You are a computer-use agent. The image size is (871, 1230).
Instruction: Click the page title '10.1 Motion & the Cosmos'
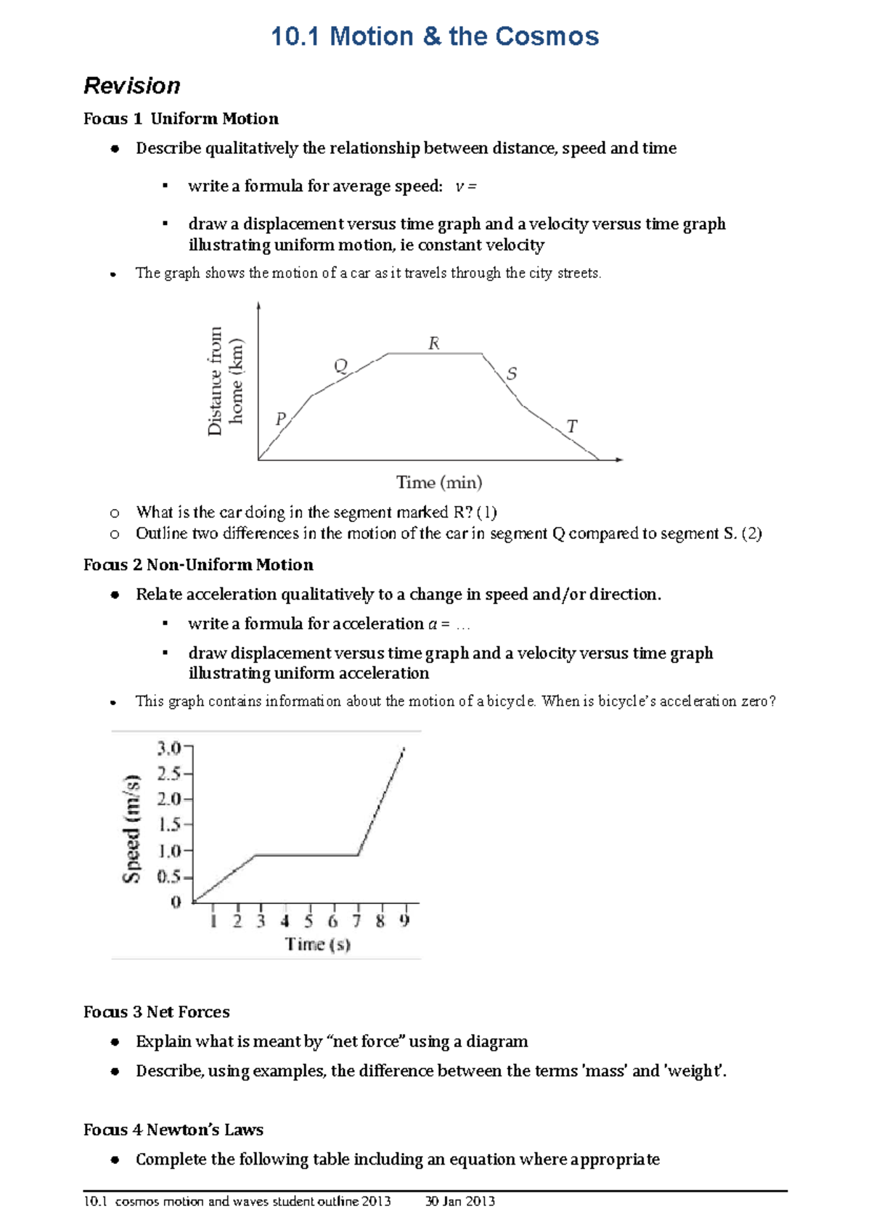click(x=434, y=36)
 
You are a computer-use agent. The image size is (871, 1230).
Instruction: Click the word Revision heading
click(x=132, y=86)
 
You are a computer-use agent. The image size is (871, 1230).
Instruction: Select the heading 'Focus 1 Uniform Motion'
click(x=181, y=118)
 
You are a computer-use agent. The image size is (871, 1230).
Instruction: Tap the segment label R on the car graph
click(x=434, y=343)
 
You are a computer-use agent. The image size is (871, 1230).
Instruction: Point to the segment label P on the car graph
click(x=281, y=419)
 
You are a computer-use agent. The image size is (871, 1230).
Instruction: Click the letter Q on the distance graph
click(x=340, y=365)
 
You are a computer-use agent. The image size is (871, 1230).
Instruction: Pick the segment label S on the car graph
click(x=512, y=374)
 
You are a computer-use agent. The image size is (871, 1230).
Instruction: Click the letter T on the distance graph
click(x=572, y=426)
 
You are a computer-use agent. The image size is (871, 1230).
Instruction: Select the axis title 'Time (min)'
click(x=439, y=482)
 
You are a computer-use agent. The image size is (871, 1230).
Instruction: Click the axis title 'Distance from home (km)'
click(x=225, y=381)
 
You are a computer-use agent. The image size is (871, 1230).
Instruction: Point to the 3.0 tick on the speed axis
click(x=170, y=747)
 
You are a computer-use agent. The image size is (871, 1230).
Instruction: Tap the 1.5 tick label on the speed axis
click(x=170, y=824)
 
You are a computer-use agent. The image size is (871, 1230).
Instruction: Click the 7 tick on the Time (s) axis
click(x=356, y=921)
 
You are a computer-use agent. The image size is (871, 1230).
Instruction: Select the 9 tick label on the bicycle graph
click(x=405, y=921)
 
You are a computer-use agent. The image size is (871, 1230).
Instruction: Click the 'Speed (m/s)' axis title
click(x=131, y=828)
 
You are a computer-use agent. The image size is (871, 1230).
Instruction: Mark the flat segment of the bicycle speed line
click(x=306, y=855)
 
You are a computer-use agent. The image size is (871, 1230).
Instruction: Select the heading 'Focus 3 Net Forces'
click(x=156, y=1011)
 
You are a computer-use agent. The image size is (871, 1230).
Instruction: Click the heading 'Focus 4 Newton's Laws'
click(x=173, y=1129)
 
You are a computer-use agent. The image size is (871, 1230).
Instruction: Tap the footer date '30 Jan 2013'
click(x=459, y=1201)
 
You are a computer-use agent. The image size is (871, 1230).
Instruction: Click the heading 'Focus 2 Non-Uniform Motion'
click(x=198, y=564)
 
